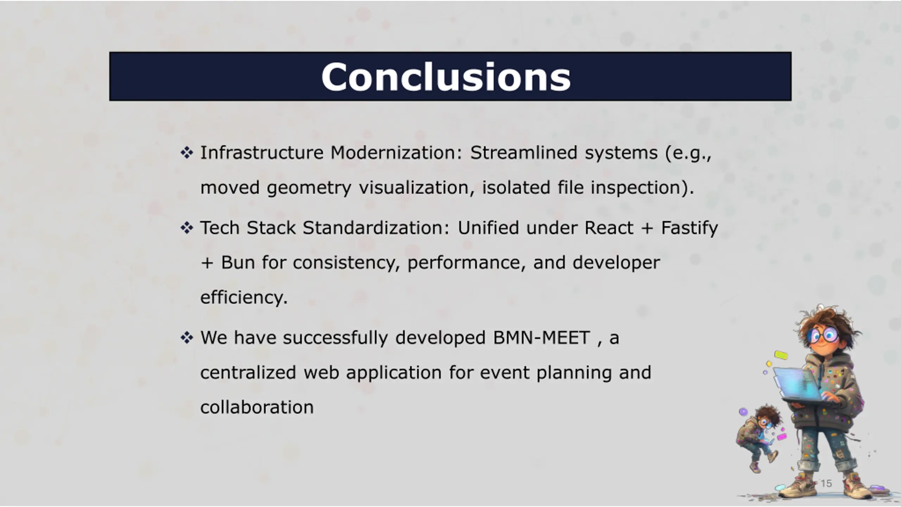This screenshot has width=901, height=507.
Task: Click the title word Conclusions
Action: click(446, 77)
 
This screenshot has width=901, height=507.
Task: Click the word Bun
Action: click(238, 263)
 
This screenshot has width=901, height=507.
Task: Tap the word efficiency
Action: click(244, 298)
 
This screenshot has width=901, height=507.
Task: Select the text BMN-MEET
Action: click(541, 338)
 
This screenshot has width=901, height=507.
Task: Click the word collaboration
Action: click(257, 407)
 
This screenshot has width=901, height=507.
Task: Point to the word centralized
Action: click(248, 373)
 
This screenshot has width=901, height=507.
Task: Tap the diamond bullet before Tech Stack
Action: click(187, 228)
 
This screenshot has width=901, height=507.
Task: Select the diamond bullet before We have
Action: click(187, 338)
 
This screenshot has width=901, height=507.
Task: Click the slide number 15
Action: click(826, 483)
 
